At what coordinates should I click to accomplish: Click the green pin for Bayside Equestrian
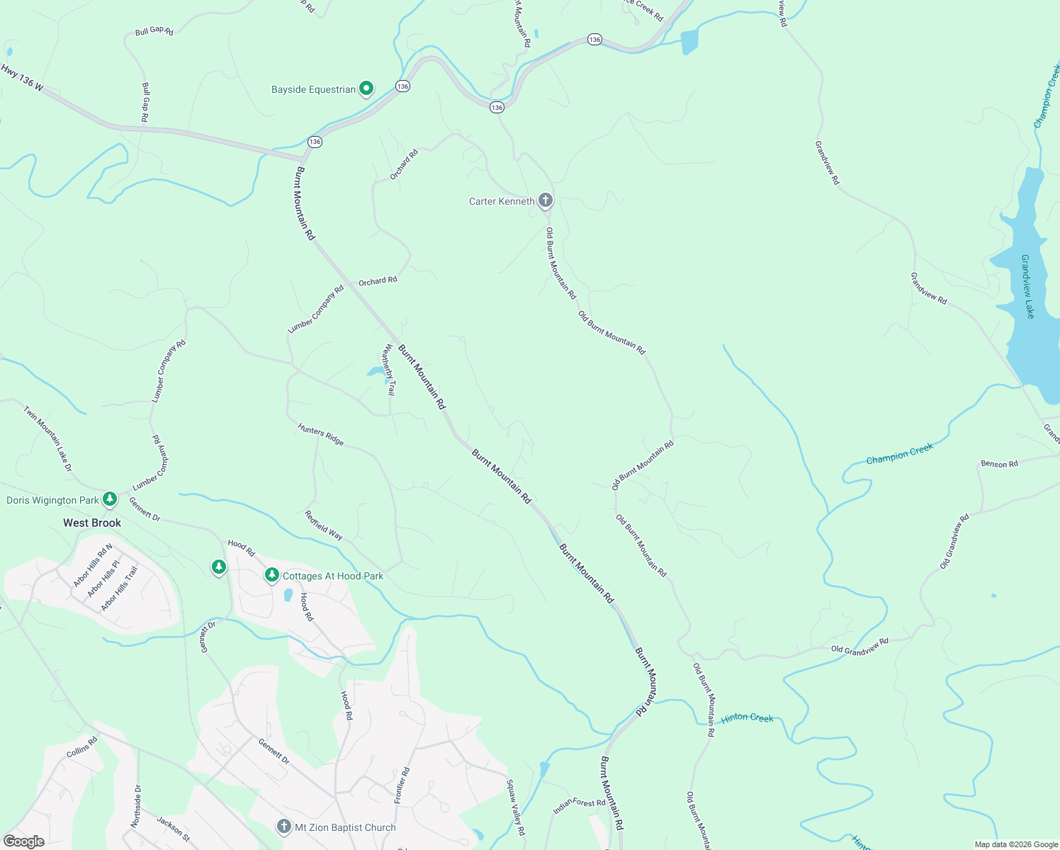[x=366, y=89]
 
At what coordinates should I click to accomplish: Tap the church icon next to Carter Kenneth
[x=545, y=200]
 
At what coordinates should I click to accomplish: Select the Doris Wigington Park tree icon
[x=109, y=499]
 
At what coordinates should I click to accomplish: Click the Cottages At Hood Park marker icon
[x=271, y=574]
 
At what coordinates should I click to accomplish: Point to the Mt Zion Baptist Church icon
[x=283, y=826]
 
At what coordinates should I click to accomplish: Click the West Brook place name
[x=92, y=523]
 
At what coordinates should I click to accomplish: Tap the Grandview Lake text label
[x=1027, y=286]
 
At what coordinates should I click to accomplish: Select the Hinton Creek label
[x=747, y=718]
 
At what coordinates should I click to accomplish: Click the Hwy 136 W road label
[x=22, y=78]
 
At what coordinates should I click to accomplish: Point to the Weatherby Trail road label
[x=389, y=369]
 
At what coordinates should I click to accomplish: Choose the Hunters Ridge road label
[x=321, y=434]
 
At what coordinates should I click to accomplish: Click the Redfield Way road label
[x=324, y=526]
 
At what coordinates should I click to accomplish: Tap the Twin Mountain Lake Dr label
[x=47, y=438]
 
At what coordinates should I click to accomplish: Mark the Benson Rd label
[x=999, y=464]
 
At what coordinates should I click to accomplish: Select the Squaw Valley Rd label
[x=515, y=807]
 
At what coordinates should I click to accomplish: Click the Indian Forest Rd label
[x=579, y=805]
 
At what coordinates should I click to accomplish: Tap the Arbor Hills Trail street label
[x=119, y=589]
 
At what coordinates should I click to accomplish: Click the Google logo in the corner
[x=24, y=841]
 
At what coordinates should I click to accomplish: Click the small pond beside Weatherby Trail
[x=375, y=372]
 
